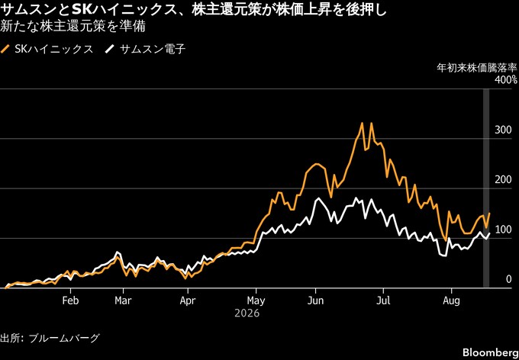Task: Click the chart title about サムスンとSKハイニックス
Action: [193, 11]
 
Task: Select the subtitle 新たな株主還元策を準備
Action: [73, 27]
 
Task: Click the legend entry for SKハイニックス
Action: [47, 50]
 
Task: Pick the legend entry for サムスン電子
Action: [145, 50]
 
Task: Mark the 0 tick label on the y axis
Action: [508, 280]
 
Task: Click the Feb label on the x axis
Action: [70, 301]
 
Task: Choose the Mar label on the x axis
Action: [123, 301]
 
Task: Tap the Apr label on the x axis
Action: [188, 301]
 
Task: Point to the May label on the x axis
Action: [256, 301]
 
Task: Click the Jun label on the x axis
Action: [315, 301]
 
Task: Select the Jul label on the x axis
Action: [383, 301]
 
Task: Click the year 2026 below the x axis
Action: [247, 313]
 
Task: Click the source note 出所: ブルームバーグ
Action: [50, 338]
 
